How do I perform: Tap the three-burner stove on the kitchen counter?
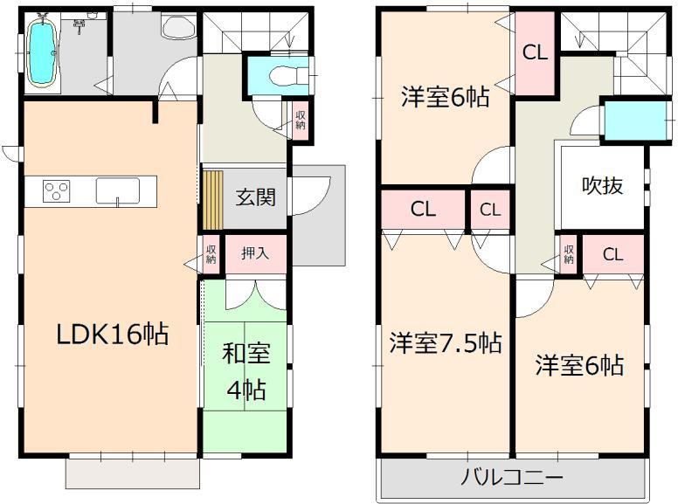click(56, 191)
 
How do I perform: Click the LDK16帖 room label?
click(112, 335)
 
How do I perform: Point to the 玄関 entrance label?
click(255, 197)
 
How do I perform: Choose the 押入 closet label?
click(255, 255)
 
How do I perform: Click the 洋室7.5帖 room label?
click(446, 343)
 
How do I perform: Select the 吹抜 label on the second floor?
click(603, 185)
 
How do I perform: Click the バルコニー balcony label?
click(511, 478)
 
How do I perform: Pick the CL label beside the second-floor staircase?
click(535, 52)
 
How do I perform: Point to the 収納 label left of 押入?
click(211, 254)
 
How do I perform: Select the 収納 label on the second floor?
click(569, 254)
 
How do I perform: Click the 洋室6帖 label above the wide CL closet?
click(445, 95)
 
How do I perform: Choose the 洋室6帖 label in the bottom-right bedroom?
click(580, 364)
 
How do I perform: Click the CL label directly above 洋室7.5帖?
click(424, 210)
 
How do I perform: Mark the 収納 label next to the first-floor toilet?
click(301, 119)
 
